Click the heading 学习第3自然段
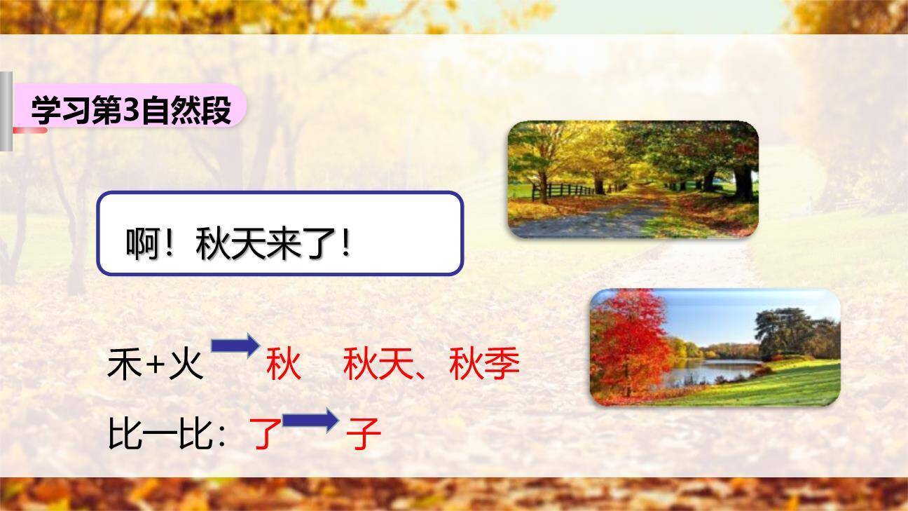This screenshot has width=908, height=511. (x=131, y=111)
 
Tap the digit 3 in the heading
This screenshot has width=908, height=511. (x=131, y=111)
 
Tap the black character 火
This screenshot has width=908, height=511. (x=186, y=364)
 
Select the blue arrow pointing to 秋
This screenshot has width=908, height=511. (x=235, y=346)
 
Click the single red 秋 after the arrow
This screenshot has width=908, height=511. (x=284, y=364)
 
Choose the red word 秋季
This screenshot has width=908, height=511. (x=484, y=364)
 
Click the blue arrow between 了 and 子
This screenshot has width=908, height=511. (x=310, y=421)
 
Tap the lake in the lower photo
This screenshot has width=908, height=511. (x=708, y=372)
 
